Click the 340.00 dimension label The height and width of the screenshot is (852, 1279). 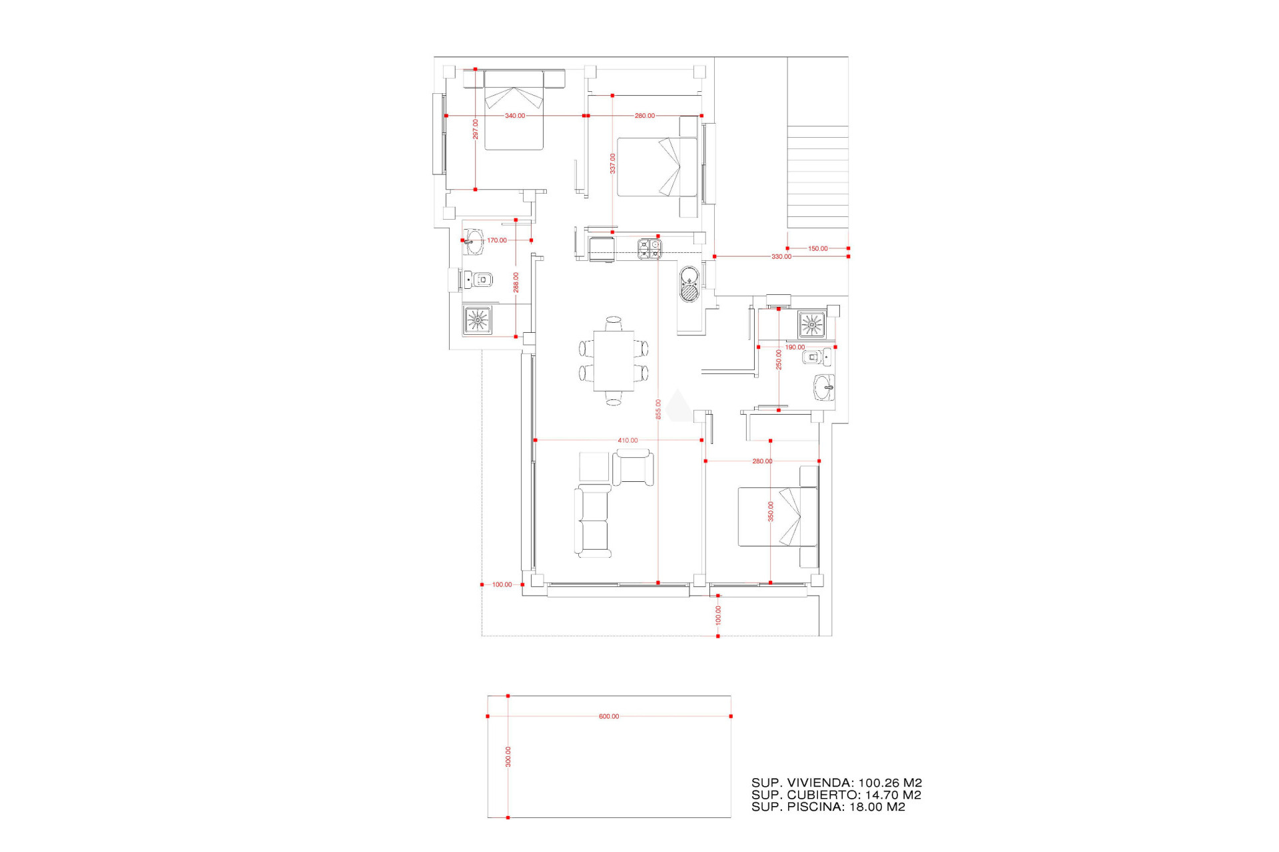(x=514, y=116)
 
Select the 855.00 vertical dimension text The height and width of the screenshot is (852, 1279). (x=658, y=409)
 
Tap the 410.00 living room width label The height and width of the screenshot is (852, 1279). (x=628, y=441)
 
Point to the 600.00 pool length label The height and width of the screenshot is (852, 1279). (x=608, y=717)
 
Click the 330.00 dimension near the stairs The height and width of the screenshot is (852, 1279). (x=781, y=257)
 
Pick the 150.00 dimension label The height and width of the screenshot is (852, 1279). (x=817, y=249)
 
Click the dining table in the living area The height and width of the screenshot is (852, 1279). (x=614, y=361)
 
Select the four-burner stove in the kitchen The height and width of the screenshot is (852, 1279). (x=649, y=249)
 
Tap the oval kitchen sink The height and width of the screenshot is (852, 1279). (x=689, y=284)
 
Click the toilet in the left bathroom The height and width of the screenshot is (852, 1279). (x=480, y=280)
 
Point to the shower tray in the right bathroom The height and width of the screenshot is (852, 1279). (x=811, y=325)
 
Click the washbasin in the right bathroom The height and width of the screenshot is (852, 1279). (x=825, y=387)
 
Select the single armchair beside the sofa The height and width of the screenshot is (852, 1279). (x=633, y=467)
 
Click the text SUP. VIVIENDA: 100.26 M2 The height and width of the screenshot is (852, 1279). (x=836, y=783)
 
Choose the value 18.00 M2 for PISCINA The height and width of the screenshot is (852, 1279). (x=877, y=807)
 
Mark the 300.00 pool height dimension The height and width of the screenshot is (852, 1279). (x=508, y=757)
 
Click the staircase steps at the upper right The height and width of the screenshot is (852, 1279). (x=817, y=176)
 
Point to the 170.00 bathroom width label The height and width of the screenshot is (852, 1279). (x=496, y=241)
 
